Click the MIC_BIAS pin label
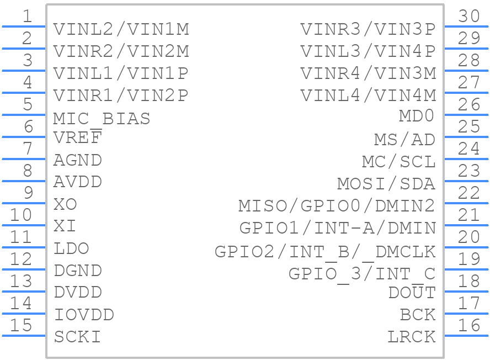(102, 119)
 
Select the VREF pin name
(77, 137)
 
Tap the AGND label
(77, 160)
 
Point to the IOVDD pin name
(84, 315)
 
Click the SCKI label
(77, 337)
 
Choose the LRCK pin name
(412, 337)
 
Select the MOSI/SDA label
(386, 184)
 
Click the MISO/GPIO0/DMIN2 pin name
(337, 206)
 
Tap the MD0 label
(417, 115)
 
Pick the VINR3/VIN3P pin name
(368, 29)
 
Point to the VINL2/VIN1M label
(121, 29)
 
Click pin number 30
(468, 16)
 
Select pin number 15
(21, 325)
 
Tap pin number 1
(28, 16)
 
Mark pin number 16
(468, 325)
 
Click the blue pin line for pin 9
(24, 203)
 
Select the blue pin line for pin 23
(466, 181)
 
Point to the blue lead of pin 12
(24, 269)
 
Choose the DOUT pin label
(412, 292)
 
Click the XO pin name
(65, 204)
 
